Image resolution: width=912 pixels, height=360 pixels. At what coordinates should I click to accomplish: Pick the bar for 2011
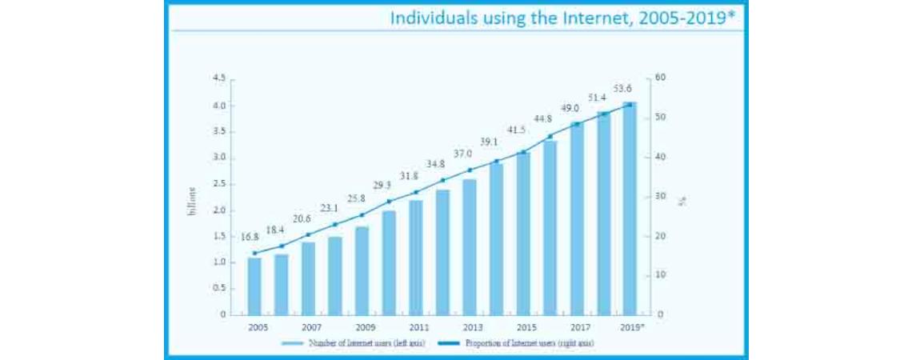pos(415,257)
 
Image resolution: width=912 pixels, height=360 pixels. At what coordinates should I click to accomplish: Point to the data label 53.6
pos(623,88)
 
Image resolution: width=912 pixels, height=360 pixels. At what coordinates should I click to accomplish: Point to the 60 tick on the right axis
pos(660,78)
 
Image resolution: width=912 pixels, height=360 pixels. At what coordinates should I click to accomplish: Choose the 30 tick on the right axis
pos(660,196)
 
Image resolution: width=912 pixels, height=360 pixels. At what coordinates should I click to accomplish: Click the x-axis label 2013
pos(473,327)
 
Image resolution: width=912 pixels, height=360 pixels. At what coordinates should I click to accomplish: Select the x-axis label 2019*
pos(632,327)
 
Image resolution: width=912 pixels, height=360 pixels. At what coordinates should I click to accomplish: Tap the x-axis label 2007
pos(312,327)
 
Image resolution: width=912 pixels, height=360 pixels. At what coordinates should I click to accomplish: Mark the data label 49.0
pos(570,108)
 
